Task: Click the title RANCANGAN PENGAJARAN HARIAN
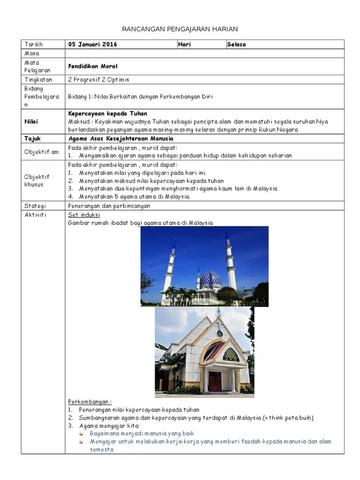tap(180, 29)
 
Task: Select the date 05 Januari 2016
tap(92, 45)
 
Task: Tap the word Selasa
tap(236, 45)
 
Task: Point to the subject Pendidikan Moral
tap(92, 67)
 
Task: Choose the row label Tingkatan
tap(38, 80)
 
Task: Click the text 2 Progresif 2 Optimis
tap(98, 80)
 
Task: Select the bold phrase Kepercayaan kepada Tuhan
tap(107, 114)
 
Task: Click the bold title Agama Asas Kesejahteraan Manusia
tap(120, 139)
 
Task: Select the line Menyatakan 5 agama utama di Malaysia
tap(135, 197)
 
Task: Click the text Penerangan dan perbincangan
tap(109, 206)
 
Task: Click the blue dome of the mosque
tap(211, 278)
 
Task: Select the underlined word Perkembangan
tap(89, 402)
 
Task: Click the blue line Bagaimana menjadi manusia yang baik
tap(142, 434)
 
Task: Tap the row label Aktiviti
tap(35, 215)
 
